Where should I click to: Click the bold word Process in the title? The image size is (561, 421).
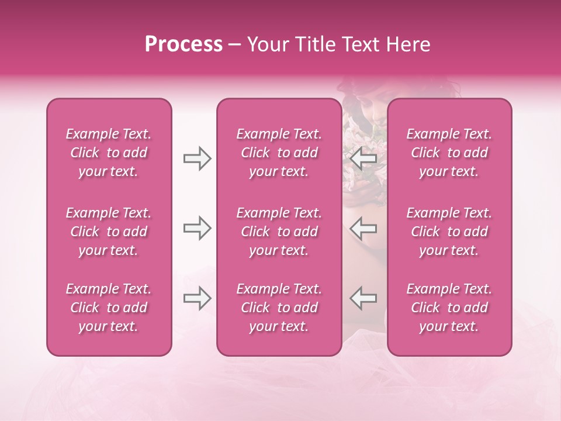point(183,44)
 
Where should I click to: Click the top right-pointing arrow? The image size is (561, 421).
point(197,158)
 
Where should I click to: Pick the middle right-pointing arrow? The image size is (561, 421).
point(197,228)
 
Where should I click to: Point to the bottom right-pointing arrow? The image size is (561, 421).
point(197,298)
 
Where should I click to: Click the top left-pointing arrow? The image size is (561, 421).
point(363,158)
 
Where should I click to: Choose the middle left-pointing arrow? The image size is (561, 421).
point(363,228)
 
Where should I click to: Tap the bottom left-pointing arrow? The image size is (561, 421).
point(363,298)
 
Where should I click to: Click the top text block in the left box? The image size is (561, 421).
point(109,153)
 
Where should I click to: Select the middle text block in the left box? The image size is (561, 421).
point(109,232)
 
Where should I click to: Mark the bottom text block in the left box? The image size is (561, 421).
point(109,308)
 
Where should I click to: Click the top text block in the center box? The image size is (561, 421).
point(279,153)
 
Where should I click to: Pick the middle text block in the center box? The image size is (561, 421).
point(279,232)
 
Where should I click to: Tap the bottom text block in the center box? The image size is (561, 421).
point(279,308)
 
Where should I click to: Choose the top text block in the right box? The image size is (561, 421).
point(449,153)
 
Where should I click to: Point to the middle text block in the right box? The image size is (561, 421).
point(449,232)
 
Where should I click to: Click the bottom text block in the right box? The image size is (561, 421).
point(449,308)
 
